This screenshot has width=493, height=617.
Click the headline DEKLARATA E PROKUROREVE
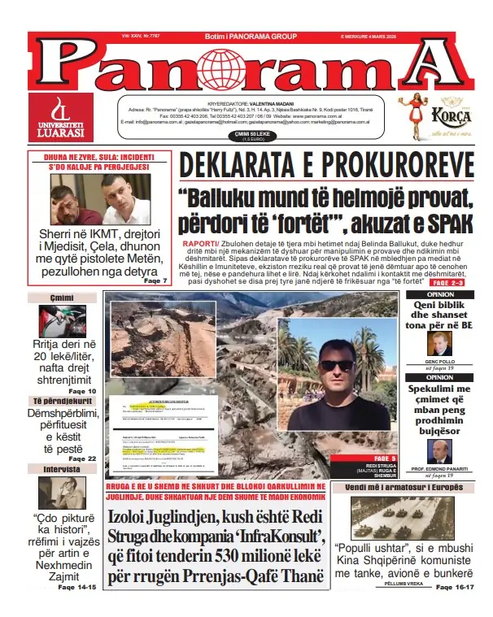(327, 165)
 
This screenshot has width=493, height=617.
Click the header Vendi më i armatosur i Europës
(404, 487)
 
